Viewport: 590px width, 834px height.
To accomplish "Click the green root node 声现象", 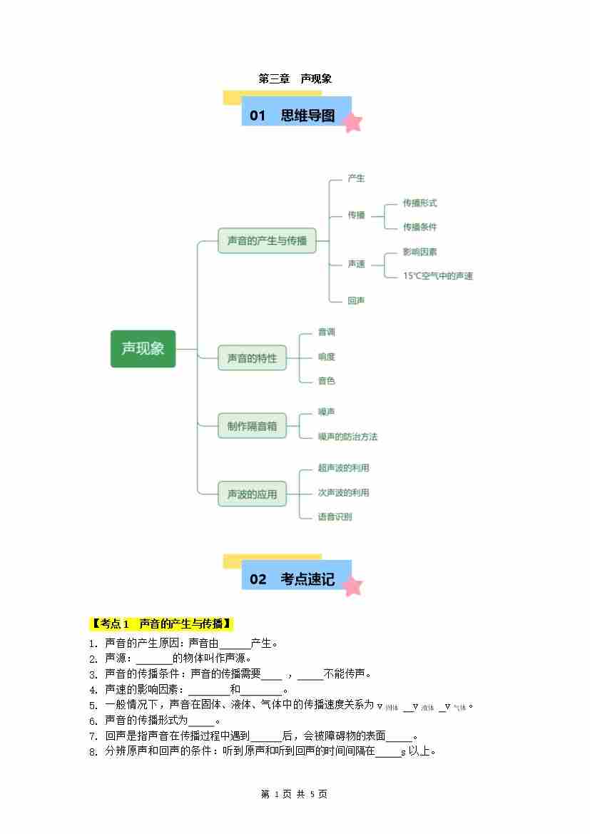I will tap(143, 349).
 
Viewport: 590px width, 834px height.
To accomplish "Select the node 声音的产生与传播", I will tap(267, 241).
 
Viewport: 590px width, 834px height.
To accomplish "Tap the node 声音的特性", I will tap(252, 358).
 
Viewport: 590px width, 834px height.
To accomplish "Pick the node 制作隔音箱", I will tap(252, 426).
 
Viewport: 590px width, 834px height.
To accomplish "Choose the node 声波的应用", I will tap(252, 494).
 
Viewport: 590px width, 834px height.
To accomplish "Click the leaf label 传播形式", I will tap(419, 203).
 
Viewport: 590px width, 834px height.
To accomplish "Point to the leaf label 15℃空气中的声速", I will tap(437, 276).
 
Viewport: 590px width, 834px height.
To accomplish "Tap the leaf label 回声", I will tap(356, 301).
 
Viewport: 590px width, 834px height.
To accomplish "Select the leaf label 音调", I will tap(326, 332).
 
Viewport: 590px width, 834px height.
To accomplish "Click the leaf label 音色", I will tap(326, 381).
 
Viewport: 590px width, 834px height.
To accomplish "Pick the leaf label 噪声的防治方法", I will tap(347, 437).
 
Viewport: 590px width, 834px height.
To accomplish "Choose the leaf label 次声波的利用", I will tap(343, 492).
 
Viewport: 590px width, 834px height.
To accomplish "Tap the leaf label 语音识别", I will tap(335, 517).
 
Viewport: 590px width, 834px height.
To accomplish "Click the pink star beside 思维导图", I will tap(352, 123).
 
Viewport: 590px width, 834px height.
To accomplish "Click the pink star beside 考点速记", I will tap(352, 586).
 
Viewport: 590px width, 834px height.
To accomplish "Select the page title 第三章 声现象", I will tap(295, 79).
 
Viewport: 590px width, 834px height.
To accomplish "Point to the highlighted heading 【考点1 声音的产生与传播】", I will tap(162, 624).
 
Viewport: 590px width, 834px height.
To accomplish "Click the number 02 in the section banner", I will tap(258, 579).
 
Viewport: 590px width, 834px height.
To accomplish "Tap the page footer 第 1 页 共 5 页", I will tap(295, 794).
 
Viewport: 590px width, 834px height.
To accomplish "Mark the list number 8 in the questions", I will tap(93, 751).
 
